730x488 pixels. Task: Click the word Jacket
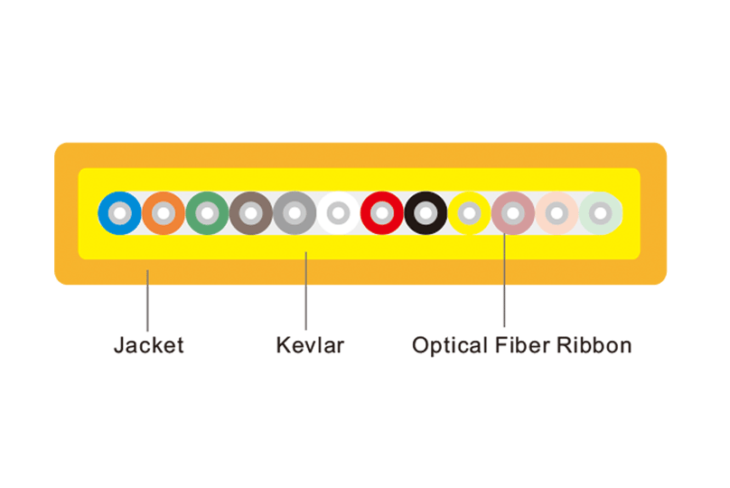click(149, 345)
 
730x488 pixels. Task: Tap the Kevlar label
click(310, 345)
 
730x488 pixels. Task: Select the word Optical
click(450, 346)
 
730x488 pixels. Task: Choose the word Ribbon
click(594, 345)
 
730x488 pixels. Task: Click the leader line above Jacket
click(147, 300)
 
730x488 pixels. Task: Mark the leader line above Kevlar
click(306, 291)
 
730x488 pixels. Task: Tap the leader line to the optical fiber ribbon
click(504, 280)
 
